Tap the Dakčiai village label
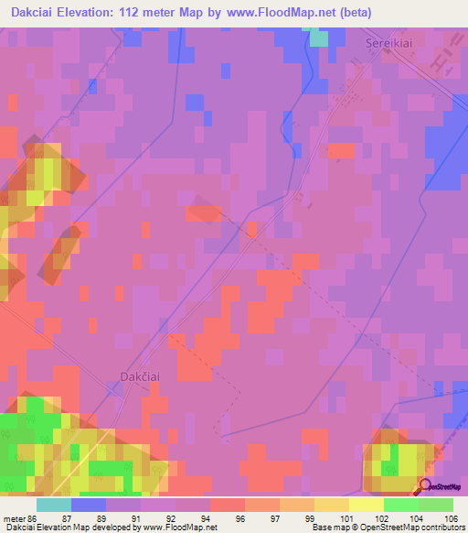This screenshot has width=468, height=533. [x=142, y=375]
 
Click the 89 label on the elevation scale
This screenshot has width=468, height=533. [x=101, y=517]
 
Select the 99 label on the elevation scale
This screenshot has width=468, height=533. [x=309, y=517]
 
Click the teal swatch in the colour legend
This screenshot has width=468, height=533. [x=53, y=505]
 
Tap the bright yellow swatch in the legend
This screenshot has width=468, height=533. [x=366, y=505]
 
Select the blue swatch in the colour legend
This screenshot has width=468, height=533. [x=88, y=505]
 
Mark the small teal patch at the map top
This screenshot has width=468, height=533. [x=317, y=37]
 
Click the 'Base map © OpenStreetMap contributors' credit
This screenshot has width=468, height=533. [x=387, y=528]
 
